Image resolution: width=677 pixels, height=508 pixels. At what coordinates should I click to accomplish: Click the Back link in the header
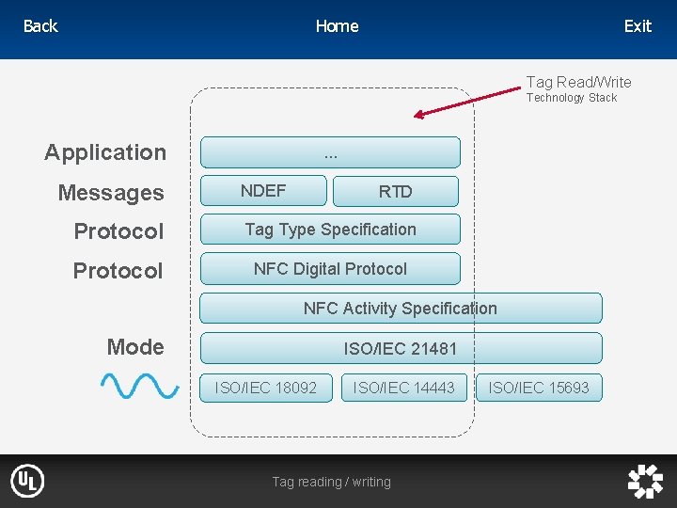(40, 26)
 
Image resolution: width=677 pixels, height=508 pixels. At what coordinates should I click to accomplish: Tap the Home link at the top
(337, 26)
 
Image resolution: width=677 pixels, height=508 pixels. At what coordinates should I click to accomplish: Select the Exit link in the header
(638, 26)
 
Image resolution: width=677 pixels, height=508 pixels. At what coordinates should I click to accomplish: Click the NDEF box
(263, 191)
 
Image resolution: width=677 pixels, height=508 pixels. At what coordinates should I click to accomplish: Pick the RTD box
(396, 192)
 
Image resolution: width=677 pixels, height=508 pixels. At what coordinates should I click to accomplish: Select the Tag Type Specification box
(330, 230)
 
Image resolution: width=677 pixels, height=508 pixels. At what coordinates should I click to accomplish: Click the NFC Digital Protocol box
(330, 269)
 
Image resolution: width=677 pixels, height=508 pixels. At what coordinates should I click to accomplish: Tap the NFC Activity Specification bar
(401, 309)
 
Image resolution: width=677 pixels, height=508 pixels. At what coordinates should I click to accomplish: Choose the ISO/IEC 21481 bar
(401, 348)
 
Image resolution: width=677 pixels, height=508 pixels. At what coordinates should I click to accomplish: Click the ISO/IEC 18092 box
(266, 388)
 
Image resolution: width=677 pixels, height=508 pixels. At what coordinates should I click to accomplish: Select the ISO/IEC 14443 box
(404, 388)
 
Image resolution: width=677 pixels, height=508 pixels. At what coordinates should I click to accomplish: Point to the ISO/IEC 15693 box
(539, 388)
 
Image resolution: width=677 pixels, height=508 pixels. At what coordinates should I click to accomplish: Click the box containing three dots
(330, 152)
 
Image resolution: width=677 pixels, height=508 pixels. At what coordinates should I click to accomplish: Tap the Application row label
(105, 152)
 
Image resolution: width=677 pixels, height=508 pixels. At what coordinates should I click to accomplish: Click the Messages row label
(111, 193)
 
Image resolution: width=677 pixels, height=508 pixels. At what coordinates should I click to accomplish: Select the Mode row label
(135, 347)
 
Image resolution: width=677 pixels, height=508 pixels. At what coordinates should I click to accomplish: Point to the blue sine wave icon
(140, 386)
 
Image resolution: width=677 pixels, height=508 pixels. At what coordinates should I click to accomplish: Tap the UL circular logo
(27, 481)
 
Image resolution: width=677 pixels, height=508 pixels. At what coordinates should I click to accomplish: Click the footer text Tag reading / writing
(331, 482)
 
